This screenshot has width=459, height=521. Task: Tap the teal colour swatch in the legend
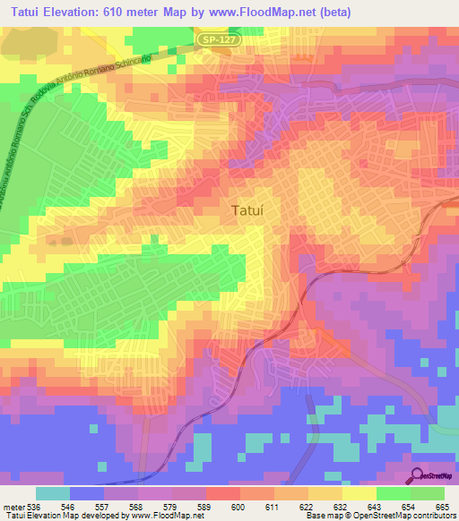pos(53,493)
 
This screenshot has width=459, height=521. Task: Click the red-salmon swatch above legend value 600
pos(222,493)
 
